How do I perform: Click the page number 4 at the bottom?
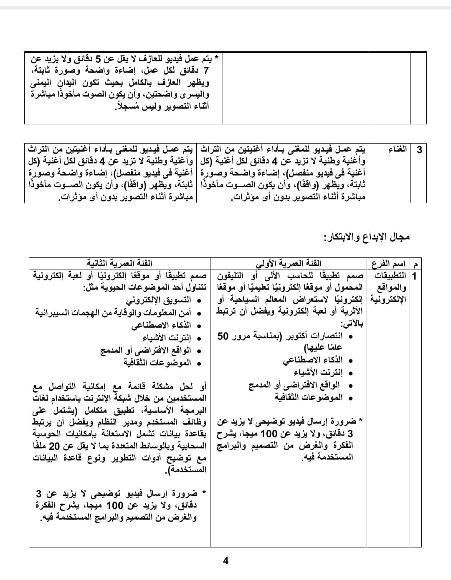coord(225,561)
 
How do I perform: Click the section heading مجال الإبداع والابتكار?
coord(367,237)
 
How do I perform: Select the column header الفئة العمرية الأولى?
coord(289,263)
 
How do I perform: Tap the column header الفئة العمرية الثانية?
coord(119,263)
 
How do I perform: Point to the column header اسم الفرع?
coord(388,264)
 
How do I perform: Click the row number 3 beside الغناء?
coord(419,149)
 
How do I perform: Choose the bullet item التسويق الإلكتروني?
coord(158,300)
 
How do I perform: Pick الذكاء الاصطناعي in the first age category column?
coord(313,360)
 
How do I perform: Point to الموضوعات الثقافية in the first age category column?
coord(309,397)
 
